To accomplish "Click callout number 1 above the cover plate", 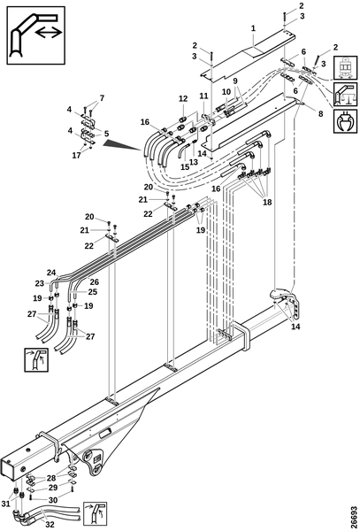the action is tap(254, 28).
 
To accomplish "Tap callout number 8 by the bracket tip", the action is tap(320, 114).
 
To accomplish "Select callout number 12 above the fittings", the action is tap(183, 99).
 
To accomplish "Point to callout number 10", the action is tap(226, 92).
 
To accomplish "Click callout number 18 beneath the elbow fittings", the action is tap(267, 202).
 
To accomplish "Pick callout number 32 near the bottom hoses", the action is tap(50, 525).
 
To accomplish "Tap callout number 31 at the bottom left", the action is tap(6, 504).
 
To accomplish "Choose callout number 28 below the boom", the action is tap(51, 478).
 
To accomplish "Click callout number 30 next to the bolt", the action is tap(53, 500).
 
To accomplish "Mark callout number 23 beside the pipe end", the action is tap(40, 283).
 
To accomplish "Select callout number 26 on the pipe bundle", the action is tap(95, 281).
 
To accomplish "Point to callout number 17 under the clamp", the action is tap(76, 156).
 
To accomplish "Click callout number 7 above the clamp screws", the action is tap(102, 98).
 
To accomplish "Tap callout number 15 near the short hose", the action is tap(185, 167).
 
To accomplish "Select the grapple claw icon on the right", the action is tap(345, 121).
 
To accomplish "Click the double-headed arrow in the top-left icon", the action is tap(49, 33).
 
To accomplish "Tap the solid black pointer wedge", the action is tap(122, 144).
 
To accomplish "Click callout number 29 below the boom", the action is tap(53, 488).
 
